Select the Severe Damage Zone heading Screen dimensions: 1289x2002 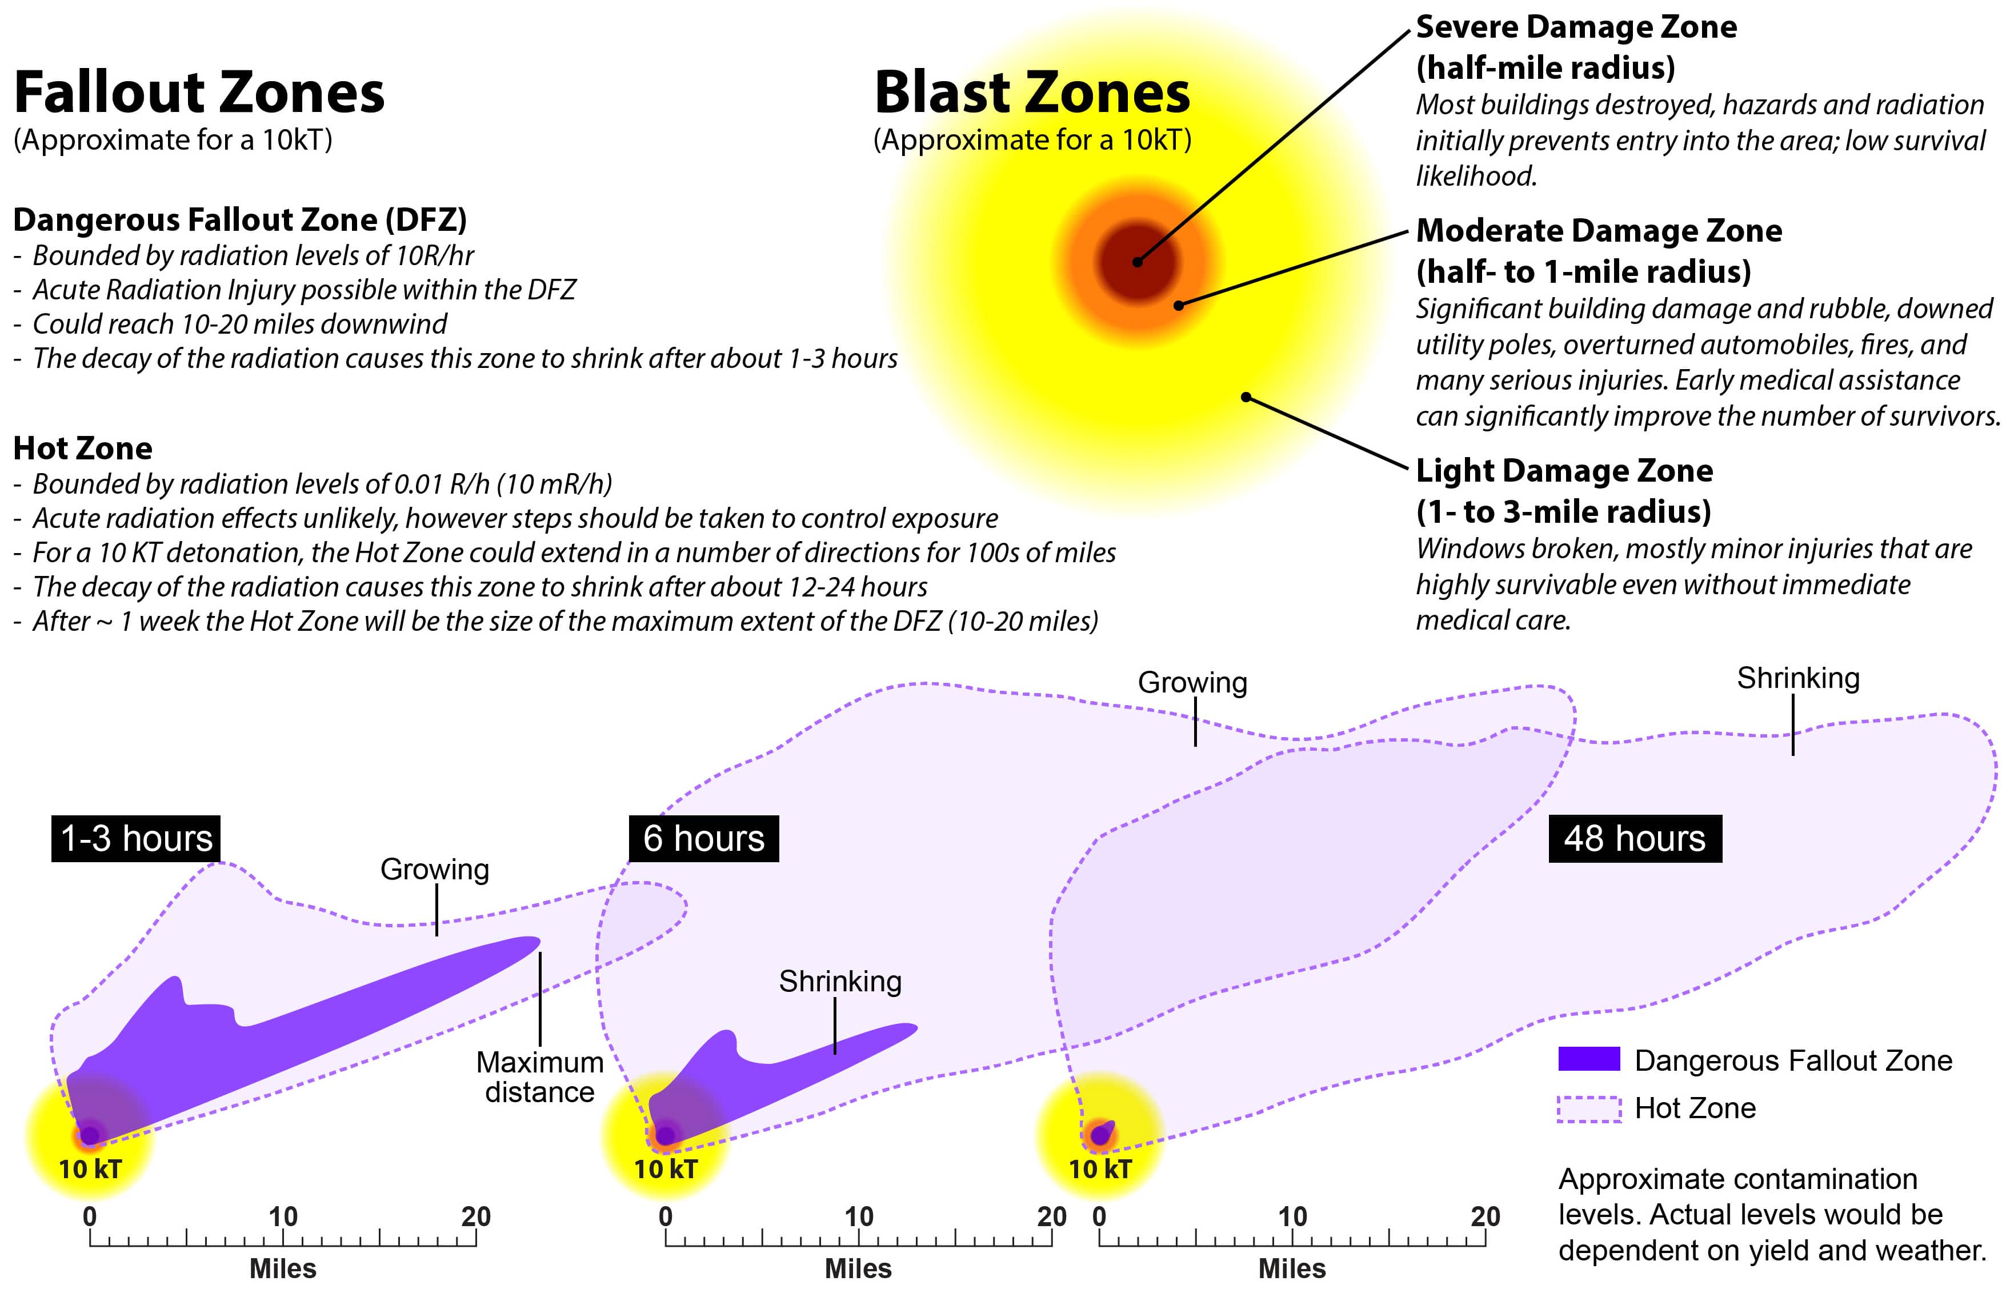[x=1575, y=27]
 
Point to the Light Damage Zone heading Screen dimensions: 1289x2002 [x=1563, y=471]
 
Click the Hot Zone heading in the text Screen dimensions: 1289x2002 [x=83, y=449]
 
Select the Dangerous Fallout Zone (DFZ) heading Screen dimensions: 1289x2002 [x=239, y=220]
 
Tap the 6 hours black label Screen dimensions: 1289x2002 [x=703, y=838]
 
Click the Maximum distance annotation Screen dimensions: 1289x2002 [x=540, y=1077]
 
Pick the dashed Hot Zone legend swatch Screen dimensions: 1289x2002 [x=1588, y=1108]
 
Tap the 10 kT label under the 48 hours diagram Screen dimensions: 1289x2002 [x=1100, y=1170]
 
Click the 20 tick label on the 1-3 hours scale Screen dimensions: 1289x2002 [x=475, y=1216]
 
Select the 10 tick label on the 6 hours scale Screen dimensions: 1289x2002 [x=858, y=1216]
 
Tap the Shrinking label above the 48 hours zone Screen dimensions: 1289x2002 [x=1798, y=678]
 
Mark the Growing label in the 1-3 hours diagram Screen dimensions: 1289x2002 [x=434, y=870]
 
